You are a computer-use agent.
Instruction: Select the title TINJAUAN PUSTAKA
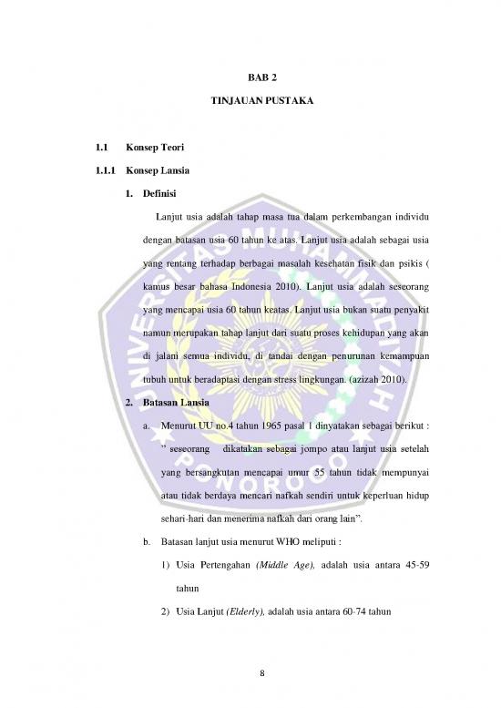pyautogui.click(x=250, y=118)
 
